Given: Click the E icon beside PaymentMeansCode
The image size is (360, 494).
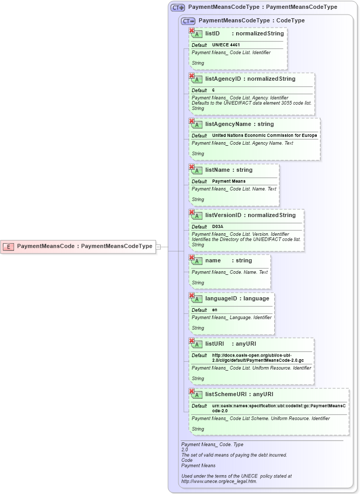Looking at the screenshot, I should tap(8, 246).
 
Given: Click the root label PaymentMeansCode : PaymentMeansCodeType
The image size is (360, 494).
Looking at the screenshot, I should tap(85, 246).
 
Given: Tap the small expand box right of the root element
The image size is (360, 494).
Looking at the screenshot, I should tap(159, 246).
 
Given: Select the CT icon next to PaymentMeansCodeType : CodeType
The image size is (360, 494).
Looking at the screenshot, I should tap(188, 21).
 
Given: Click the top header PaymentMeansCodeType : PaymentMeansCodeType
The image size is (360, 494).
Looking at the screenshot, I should tap(262, 7).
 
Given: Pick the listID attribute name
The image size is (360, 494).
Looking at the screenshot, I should tap(212, 34).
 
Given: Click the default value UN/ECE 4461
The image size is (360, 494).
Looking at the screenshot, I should tap(226, 45).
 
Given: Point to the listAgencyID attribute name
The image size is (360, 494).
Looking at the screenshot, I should tap(223, 79).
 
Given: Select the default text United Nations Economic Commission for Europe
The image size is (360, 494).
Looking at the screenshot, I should tap(264, 136).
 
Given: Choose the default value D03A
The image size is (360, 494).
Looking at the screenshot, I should tap(218, 226).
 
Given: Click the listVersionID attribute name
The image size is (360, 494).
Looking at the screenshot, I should tap(224, 215).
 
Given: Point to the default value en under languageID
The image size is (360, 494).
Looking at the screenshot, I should tap(215, 310).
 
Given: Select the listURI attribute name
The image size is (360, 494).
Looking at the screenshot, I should tap(215, 344).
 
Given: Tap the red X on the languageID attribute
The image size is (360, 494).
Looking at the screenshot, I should tap(192, 296).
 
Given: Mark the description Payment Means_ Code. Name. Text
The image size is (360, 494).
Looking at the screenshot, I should tap(229, 272).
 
